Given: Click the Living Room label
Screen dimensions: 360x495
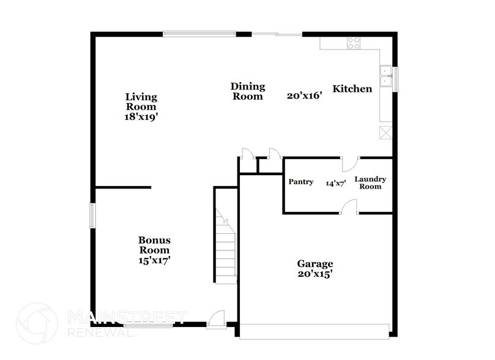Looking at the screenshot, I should [141, 101].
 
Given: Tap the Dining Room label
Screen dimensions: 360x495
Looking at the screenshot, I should [247, 91].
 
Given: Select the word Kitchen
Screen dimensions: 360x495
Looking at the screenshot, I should [352, 89].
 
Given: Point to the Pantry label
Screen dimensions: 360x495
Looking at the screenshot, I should [301, 182].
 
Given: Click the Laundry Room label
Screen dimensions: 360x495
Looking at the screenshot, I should [371, 182].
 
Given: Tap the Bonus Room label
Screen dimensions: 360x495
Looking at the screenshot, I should [154, 245].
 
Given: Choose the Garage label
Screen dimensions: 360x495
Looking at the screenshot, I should [315, 264].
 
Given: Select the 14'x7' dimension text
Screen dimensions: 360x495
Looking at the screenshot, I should [336, 182].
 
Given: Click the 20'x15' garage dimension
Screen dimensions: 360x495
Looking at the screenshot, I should [315, 275].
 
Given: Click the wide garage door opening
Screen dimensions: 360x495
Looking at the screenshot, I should [314, 331].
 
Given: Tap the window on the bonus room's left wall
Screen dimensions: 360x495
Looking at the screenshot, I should [93, 216].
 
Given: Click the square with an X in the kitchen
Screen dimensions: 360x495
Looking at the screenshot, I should [385, 133].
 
